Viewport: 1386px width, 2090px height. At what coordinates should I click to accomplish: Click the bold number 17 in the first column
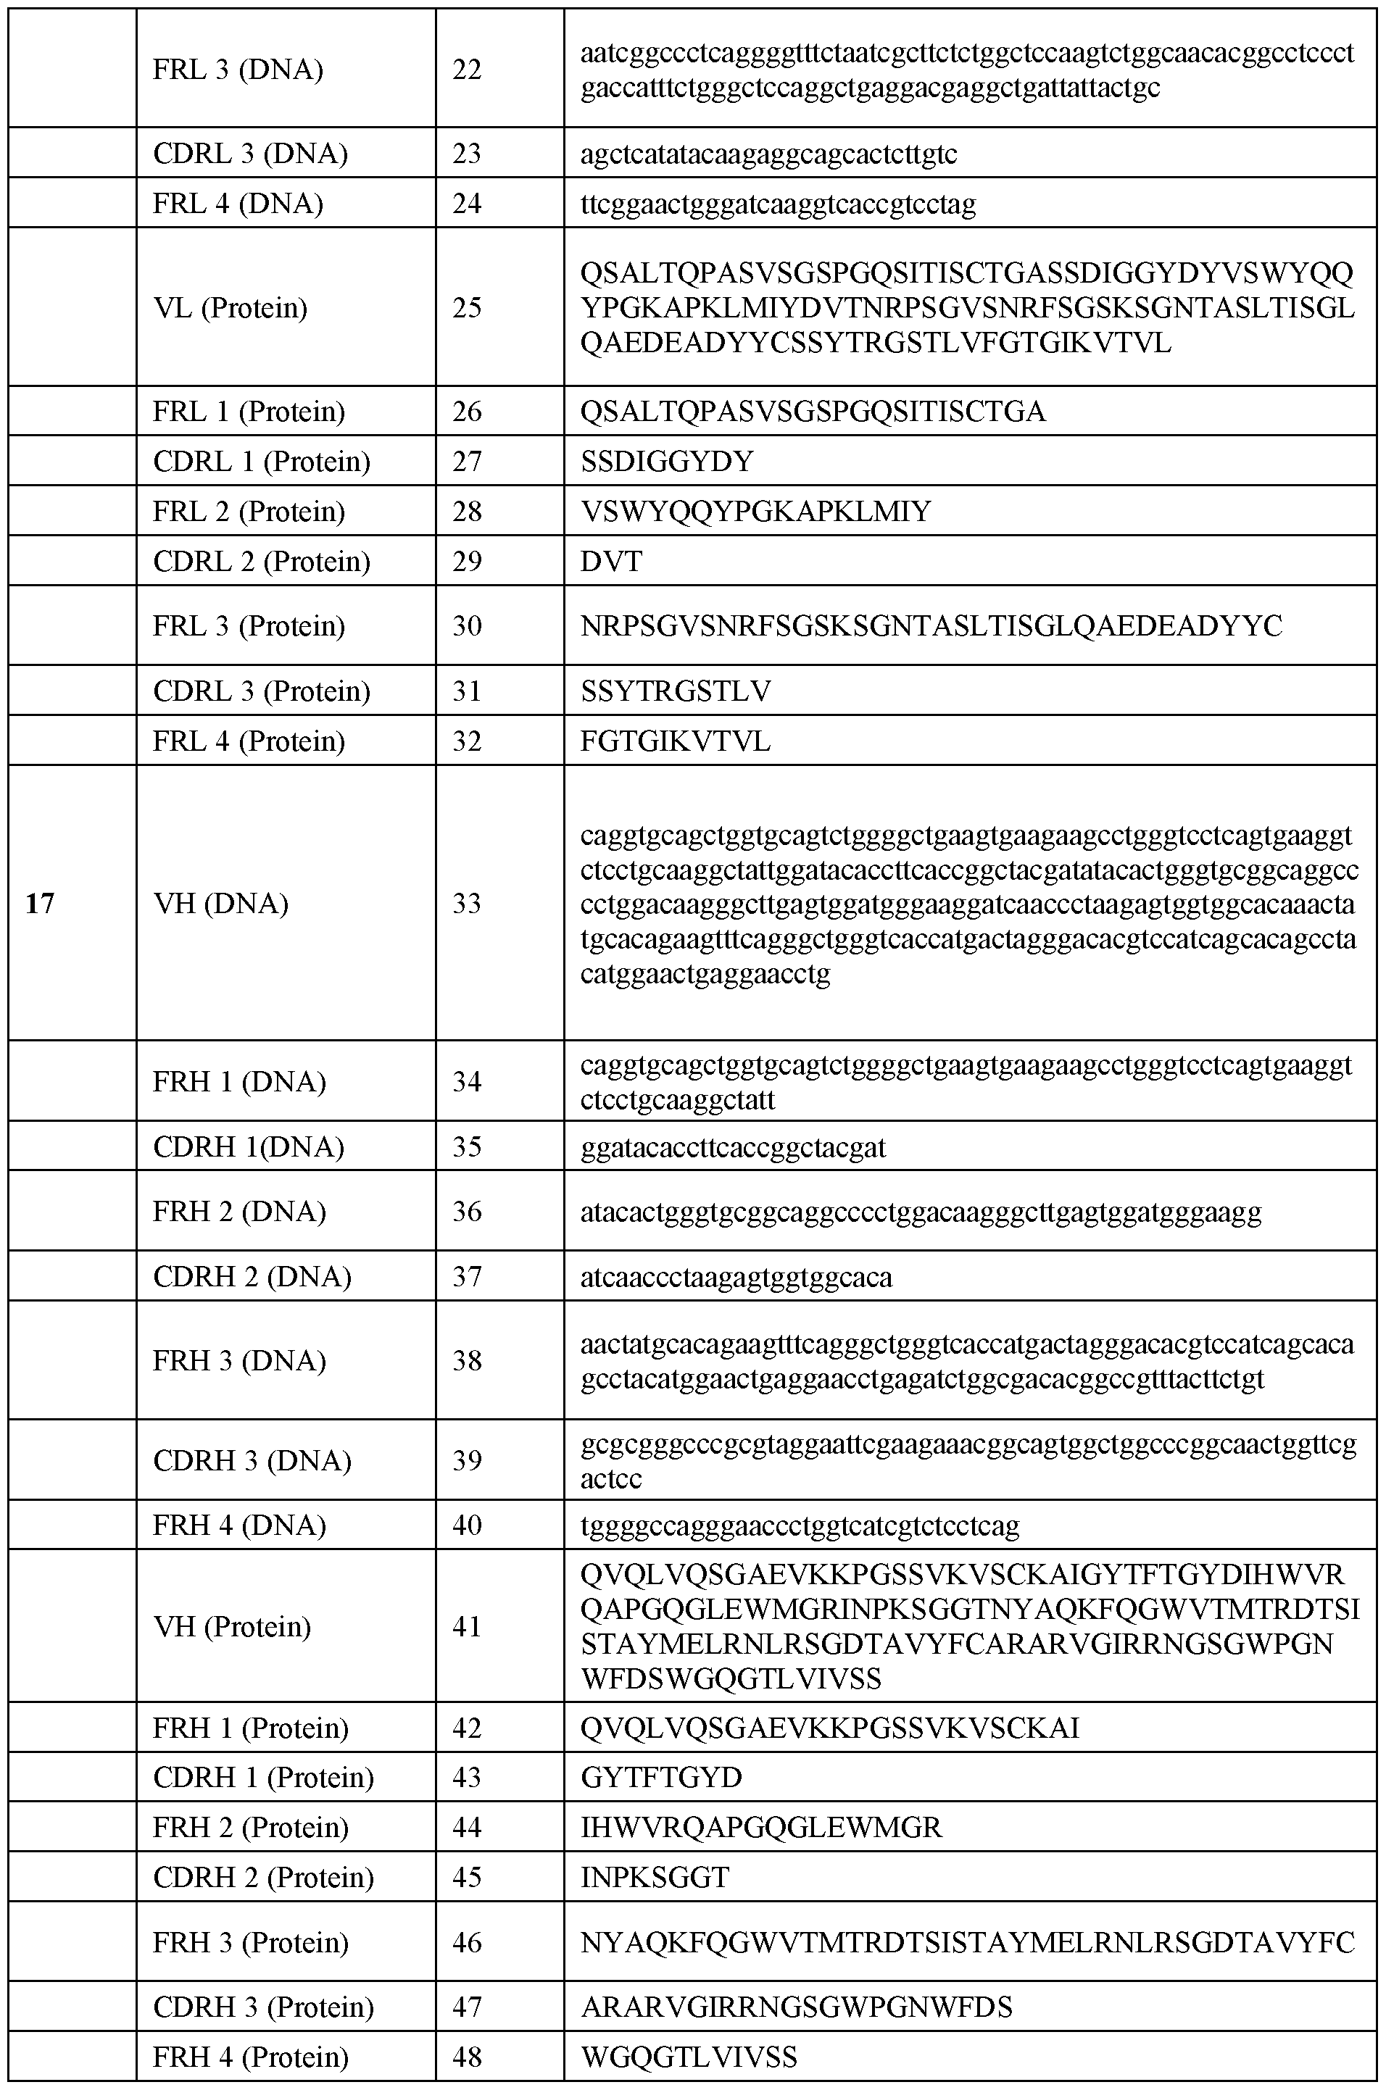[41, 903]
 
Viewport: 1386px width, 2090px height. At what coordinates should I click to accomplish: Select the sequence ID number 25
[467, 307]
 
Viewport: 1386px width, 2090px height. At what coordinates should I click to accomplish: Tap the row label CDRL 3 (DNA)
[250, 154]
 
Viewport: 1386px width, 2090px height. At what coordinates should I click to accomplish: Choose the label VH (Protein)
[231, 1627]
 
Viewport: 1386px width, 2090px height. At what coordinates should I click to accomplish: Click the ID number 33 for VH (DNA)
[467, 903]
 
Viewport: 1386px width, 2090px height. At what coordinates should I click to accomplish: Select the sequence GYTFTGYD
[661, 1777]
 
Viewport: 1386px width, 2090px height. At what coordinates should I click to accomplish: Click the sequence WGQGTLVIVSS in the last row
[689, 2057]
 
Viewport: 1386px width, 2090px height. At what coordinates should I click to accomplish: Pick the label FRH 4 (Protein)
[250, 2057]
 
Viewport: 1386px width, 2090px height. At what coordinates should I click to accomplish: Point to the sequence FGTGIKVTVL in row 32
[676, 741]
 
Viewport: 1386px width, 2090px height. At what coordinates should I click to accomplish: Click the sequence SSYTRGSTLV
[676, 691]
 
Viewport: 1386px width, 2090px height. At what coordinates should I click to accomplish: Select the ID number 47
[467, 2007]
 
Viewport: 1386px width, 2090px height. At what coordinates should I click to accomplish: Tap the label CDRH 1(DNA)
[249, 1147]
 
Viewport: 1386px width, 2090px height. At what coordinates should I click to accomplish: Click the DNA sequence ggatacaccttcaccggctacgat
[733, 1148]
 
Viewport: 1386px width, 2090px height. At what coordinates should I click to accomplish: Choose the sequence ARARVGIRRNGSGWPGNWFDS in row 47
[797, 2007]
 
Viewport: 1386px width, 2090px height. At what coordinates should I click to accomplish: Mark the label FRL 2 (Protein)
[249, 512]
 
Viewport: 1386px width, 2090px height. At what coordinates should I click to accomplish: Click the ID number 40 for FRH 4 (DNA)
[467, 1525]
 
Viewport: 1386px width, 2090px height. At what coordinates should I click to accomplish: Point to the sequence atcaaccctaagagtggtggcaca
[736, 1278]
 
